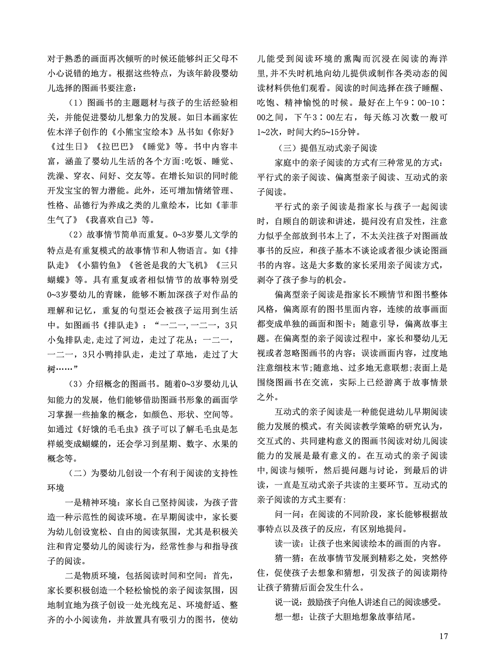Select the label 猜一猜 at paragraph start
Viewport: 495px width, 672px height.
(x=287, y=558)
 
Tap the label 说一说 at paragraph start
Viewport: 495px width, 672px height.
(x=287, y=601)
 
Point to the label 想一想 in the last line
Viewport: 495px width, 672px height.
(x=287, y=616)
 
